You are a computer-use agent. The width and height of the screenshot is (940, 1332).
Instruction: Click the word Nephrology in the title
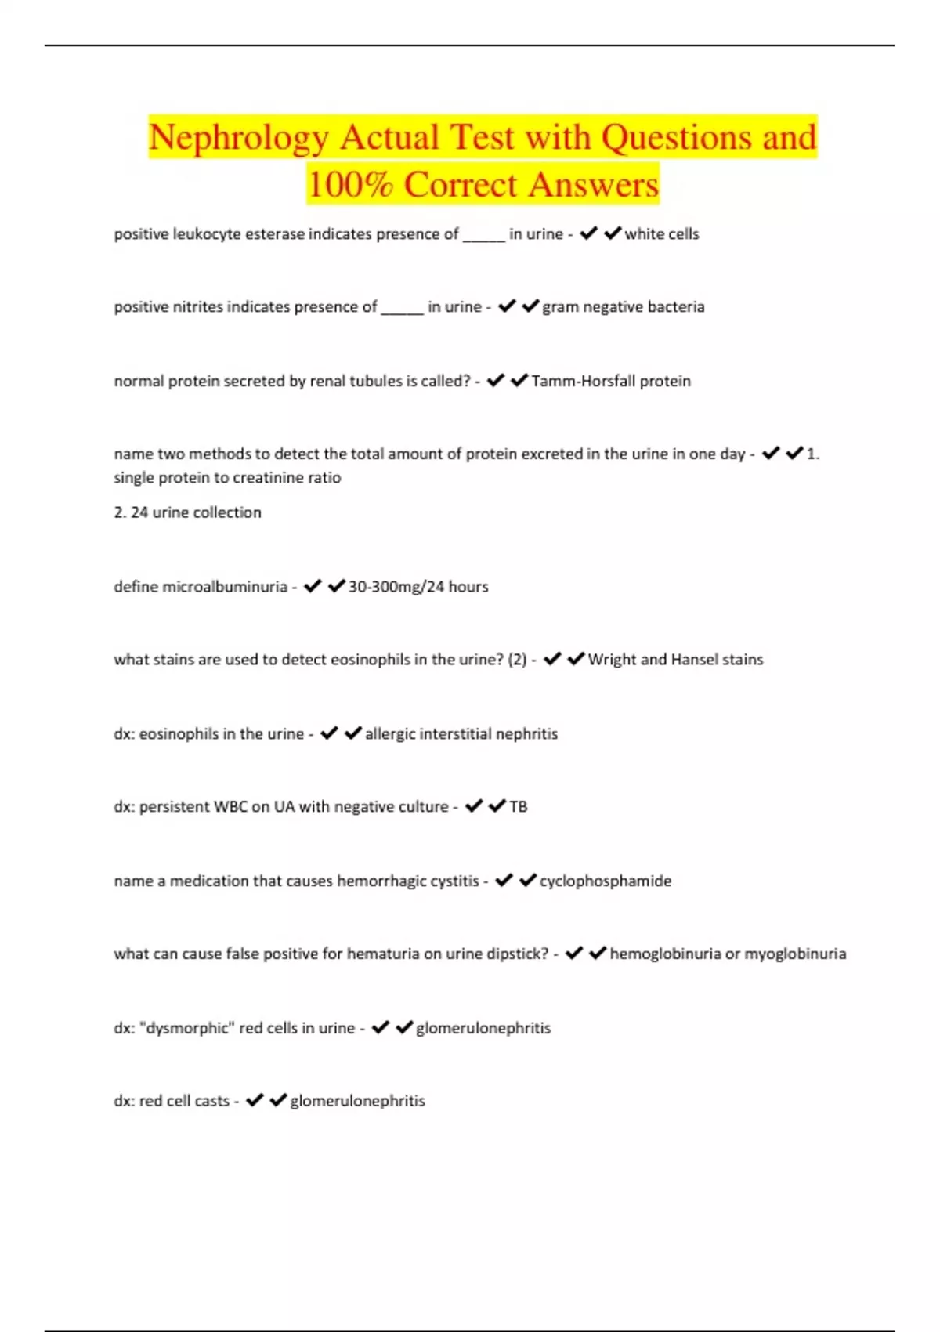(238, 138)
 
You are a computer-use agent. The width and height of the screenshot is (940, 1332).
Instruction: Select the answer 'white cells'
(661, 234)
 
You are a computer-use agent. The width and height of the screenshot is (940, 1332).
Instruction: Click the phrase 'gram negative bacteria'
(623, 307)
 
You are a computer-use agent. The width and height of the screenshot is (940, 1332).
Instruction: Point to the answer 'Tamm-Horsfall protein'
(611, 382)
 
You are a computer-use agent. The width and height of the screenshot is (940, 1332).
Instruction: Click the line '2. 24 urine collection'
(187, 512)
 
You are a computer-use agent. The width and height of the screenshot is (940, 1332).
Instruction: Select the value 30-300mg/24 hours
(418, 587)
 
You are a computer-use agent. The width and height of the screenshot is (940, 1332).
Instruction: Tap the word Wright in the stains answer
(612, 660)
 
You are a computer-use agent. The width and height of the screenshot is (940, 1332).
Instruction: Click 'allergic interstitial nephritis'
(461, 734)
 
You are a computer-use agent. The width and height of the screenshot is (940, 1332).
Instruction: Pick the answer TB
(518, 807)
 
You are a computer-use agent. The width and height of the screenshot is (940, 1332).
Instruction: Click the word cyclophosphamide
(605, 881)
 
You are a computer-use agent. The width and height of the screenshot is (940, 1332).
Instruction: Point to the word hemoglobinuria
(665, 954)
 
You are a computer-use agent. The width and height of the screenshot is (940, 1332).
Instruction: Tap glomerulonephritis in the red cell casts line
(357, 1101)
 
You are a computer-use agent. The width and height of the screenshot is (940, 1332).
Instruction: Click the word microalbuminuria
(224, 587)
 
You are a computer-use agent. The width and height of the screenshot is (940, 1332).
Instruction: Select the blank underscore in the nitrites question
(402, 309)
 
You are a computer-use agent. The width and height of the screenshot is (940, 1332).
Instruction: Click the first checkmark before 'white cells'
(588, 233)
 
